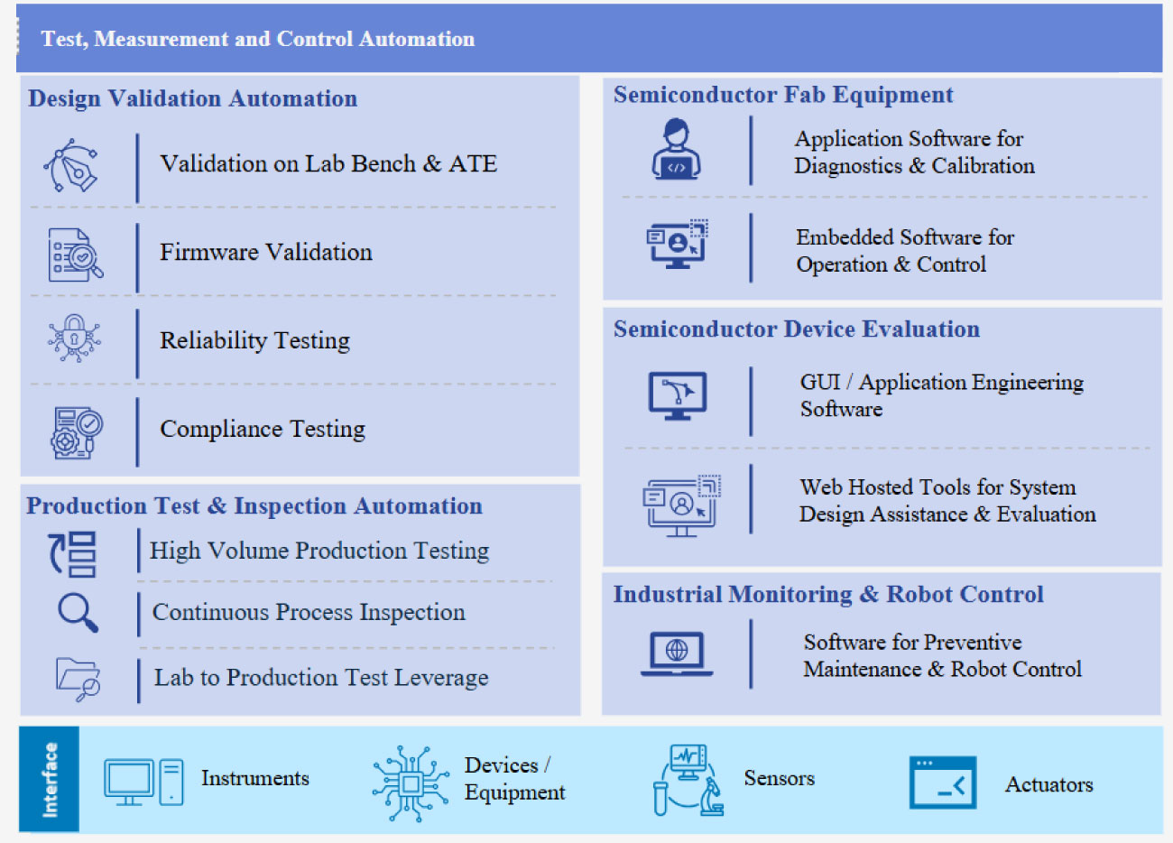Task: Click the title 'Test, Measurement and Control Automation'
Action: (258, 39)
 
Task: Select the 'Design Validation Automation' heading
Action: (192, 98)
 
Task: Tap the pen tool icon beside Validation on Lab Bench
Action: (70, 165)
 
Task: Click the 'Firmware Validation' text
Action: (266, 252)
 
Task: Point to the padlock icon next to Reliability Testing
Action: (74, 338)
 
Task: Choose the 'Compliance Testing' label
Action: (263, 429)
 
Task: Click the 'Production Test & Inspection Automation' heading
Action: (254, 506)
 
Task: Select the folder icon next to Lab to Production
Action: (78, 680)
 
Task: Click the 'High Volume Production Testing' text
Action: (319, 551)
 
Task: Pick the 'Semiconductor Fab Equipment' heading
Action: (783, 95)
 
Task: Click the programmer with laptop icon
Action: (676, 149)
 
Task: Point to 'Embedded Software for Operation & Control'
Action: (905, 251)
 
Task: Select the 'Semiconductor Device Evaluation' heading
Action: (797, 329)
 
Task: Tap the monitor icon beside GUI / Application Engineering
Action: (678, 396)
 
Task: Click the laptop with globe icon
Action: (677, 654)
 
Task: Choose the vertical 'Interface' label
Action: (50, 780)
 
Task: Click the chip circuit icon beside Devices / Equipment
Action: (411, 783)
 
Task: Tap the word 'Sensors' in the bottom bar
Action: (780, 779)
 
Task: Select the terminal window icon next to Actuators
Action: (943, 783)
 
